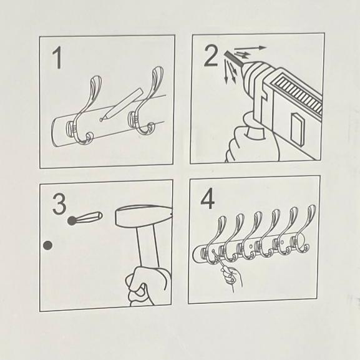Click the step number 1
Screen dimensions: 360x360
point(57,57)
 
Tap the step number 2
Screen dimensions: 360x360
point(211,56)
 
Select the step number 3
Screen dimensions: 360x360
point(59,204)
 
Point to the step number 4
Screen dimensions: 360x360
point(208,198)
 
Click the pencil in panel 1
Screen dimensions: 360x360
point(122,104)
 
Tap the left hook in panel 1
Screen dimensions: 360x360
point(85,111)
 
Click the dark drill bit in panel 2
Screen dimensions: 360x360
point(234,58)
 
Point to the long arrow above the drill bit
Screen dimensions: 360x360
point(250,49)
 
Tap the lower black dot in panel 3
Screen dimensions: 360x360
point(48,245)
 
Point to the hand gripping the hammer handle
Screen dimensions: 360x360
point(148,286)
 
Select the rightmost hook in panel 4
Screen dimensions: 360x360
point(303,230)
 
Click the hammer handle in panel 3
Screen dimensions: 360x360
point(148,247)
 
